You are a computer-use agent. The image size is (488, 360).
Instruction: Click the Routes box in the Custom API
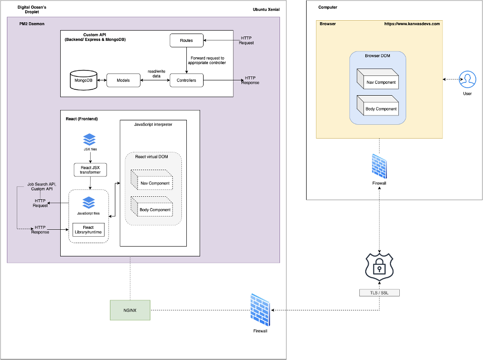click(187, 40)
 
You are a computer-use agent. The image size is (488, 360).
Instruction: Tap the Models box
click(123, 80)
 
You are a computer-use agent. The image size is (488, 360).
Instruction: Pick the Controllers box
click(187, 80)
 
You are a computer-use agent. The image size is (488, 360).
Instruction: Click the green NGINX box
click(130, 310)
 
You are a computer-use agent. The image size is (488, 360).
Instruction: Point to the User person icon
click(467, 79)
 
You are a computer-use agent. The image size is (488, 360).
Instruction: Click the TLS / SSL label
click(379, 292)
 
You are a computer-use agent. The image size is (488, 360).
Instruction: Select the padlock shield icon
click(379, 267)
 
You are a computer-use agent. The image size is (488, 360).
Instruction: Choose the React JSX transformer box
click(90, 170)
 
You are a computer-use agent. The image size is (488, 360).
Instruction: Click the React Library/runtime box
click(89, 230)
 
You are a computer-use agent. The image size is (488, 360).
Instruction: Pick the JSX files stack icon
click(90, 139)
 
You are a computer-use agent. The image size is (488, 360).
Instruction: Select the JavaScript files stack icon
click(89, 202)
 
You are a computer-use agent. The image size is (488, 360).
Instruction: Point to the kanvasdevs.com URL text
click(412, 24)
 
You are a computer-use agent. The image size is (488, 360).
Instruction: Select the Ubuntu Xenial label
click(266, 11)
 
